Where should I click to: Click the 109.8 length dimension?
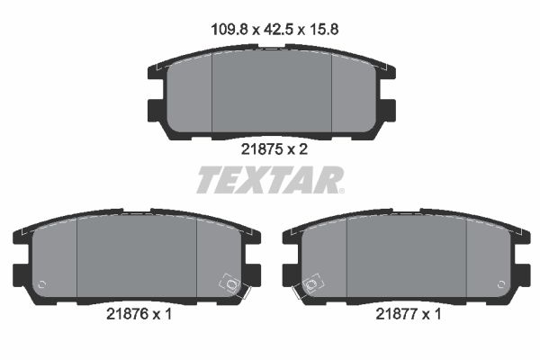[x=221, y=29]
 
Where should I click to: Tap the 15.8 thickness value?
[x=320, y=29]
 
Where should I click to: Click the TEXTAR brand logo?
[x=269, y=181]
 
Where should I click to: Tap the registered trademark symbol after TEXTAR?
[x=340, y=190]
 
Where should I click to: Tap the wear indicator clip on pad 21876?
[x=231, y=286]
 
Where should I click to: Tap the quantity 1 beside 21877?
[x=437, y=314]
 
